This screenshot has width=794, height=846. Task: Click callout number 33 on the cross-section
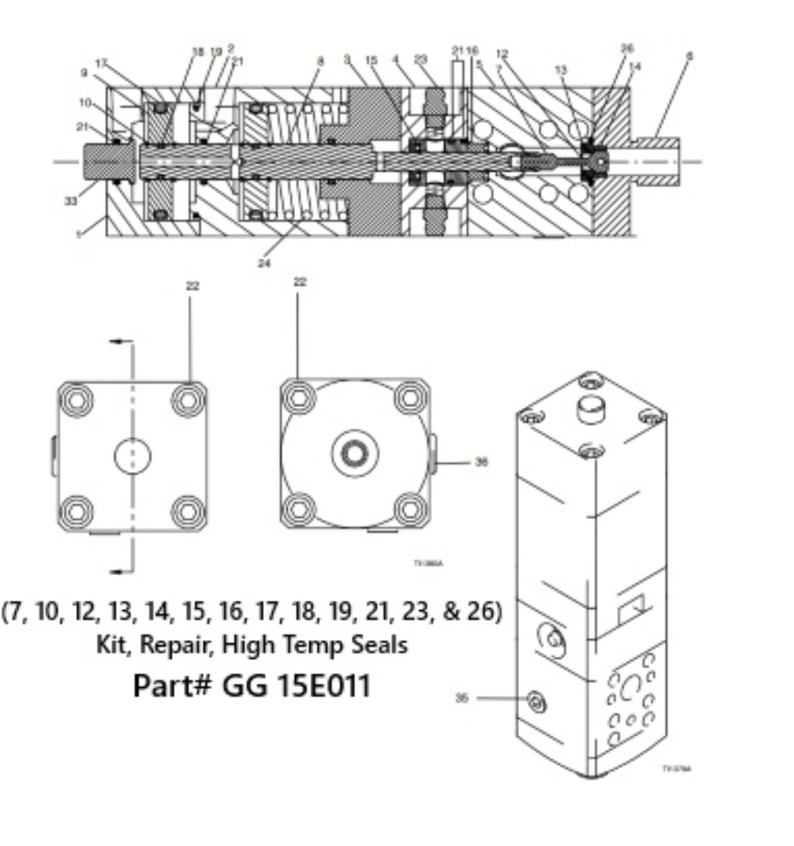tap(70, 200)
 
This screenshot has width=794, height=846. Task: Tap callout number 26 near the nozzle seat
tap(627, 48)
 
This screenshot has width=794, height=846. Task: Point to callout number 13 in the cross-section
tap(561, 70)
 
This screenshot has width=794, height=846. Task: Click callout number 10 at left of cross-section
tap(85, 103)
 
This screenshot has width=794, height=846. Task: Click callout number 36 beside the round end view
tap(482, 462)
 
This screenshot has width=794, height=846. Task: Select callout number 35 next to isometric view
tap(462, 698)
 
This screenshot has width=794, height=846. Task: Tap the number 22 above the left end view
tap(192, 286)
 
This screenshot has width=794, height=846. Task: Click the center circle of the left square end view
tap(132, 456)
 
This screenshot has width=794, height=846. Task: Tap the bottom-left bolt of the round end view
tap(298, 510)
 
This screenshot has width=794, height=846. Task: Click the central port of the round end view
tap(355, 454)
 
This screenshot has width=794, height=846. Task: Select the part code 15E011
tap(320, 685)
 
